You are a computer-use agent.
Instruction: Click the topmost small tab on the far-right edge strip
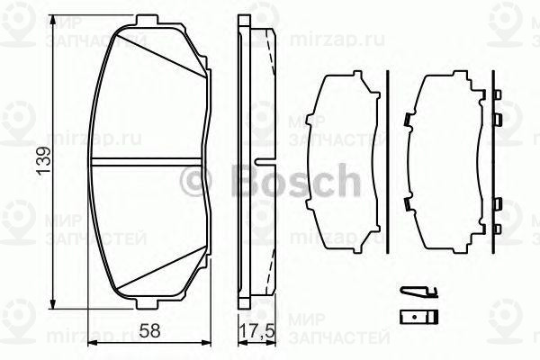click(497, 93)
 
